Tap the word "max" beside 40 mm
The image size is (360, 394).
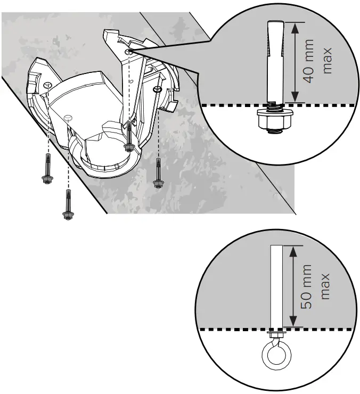pyautogui.click(x=327, y=60)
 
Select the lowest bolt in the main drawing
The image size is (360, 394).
pyautogui.click(x=68, y=206)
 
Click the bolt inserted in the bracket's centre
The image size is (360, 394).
pyautogui.click(x=128, y=138)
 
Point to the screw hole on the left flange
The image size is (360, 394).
pyautogui.click(x=48, y=85)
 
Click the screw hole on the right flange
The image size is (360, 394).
pyautogui.click(x=158, y=88)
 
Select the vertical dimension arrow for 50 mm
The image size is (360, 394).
pyautogui.click(x=292, y=286)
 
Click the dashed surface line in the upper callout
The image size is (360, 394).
pyautogui.click(x=320, y=105)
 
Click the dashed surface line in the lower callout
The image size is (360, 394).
pyautogui.click(x=320, y=330)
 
